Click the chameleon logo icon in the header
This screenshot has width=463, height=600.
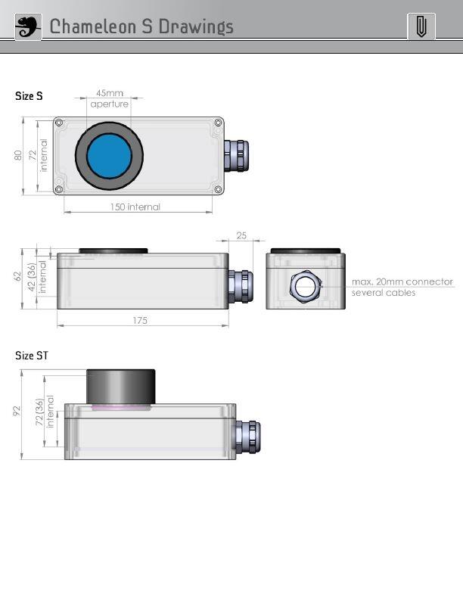[x=29, y=26]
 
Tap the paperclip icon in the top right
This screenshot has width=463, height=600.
[x=421, y=26]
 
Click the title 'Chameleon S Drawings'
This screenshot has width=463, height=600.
[x=141, y=27]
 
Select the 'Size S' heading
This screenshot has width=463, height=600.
[x=30, y=96]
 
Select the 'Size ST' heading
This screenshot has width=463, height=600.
[x=32, y=356]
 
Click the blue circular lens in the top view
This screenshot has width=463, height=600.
[x=109, y=156]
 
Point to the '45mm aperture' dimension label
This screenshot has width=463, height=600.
[x=110, y=99]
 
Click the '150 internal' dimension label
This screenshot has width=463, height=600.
[x=135, y=207]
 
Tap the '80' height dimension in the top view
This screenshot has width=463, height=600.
[x=17, y=155]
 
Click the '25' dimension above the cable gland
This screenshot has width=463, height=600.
[x=241, y=236]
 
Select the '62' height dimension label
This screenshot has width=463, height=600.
[x=17, y=276]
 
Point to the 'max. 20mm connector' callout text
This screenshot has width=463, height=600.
[x=402, y=282]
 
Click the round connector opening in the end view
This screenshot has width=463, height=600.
[x=305, y=287]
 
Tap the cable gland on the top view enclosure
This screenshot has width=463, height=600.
[x=235, y=156]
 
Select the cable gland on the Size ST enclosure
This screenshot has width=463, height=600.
[x=247, y=437]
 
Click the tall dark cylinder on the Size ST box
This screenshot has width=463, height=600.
[x=120, y=387]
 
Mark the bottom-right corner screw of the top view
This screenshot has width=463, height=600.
[x=218, y=189]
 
